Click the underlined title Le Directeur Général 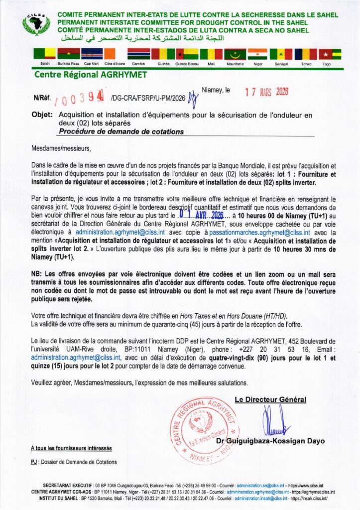click(270, 399)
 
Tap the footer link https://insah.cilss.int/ click(309, 498)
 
